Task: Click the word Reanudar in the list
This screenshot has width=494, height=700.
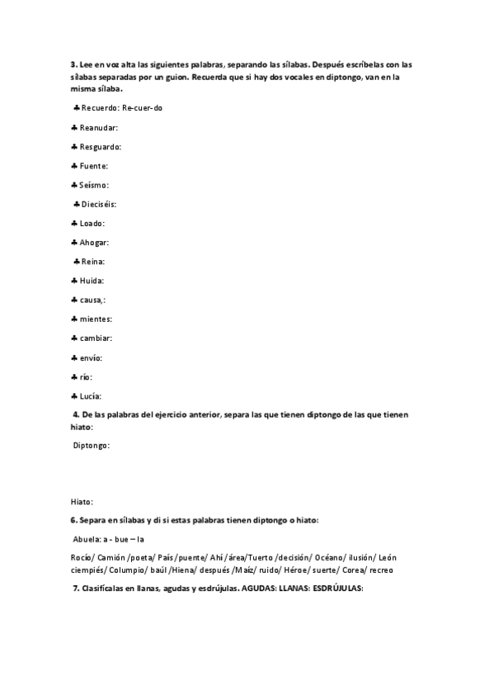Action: click(x=99, y=128)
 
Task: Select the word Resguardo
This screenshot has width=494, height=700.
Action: click(x=100, y=147)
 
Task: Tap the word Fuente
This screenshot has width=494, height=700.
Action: click(x=93, y=166)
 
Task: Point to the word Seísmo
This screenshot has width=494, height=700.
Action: click(x=93, y=185)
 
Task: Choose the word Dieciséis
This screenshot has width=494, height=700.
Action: click(x=99, y=204)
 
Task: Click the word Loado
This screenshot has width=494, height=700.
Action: click(x=92, y=224)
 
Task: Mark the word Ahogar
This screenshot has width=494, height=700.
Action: click(x=94, y=243)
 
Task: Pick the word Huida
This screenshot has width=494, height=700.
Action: click(x=92, y=281)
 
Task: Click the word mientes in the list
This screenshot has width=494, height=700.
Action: click(x=96, y=319)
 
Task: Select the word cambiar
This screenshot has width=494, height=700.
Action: click(x=96, y=338)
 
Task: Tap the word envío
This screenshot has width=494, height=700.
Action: click(x=91, y=357)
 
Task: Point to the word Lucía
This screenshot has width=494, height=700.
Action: click(x=91, y=395)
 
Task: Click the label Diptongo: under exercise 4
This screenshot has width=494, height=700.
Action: click(x=91, y=446)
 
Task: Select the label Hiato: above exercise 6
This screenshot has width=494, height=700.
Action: click(x=82, y=501)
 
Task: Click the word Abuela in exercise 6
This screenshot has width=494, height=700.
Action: click(x=84, y=539)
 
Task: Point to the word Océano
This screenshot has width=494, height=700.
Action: click(x=313, y=558)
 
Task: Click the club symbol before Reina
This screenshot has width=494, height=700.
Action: click(x=76, y=262)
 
